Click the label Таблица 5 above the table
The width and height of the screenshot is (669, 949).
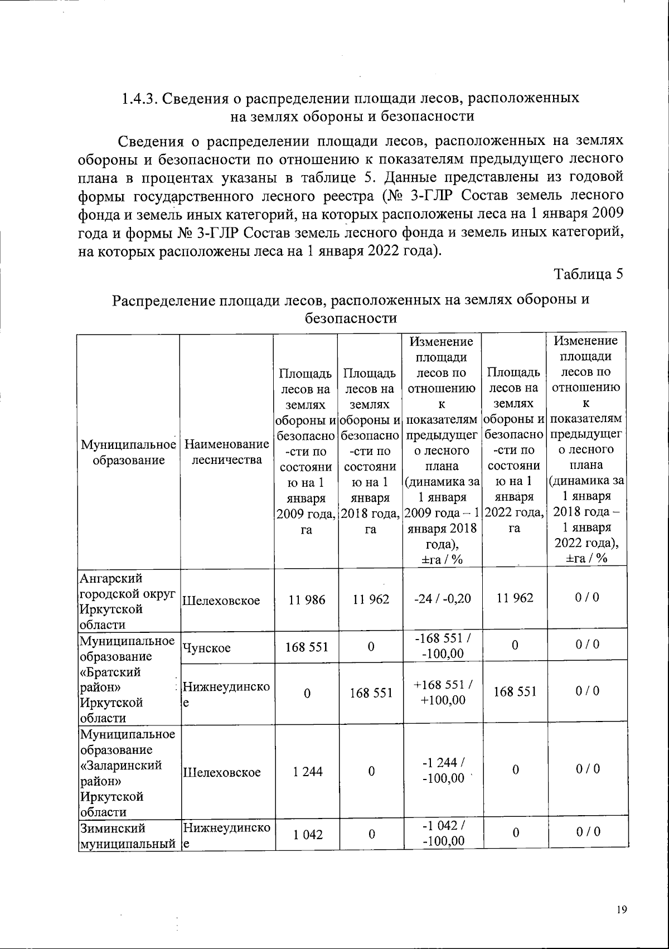(x=588, y=274)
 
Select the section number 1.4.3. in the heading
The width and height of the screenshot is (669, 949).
(x=141, y=98)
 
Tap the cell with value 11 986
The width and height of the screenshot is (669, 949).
(x=306, y=599)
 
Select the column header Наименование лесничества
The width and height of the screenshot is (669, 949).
(x=226, y=452)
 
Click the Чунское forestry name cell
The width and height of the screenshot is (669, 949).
(x=207, y=647)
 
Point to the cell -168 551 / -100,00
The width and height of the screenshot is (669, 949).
(x=443, y=646)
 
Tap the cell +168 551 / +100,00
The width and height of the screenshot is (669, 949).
(x=443, y=692)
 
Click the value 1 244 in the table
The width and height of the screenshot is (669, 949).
(x=306, y=772)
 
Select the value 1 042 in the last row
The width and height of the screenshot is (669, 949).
(x=306, y=834)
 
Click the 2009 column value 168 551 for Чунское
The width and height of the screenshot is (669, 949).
(x=306, y=647)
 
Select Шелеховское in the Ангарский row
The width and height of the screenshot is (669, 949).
(x=221, y=601)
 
